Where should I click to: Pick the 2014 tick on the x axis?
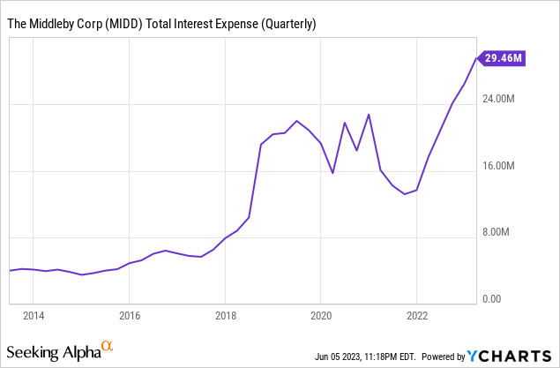tap(34, 315)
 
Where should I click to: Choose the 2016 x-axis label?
tap(130, 315)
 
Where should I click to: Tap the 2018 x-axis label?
tap(226, 315)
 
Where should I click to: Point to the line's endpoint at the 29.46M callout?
tap(477, 58)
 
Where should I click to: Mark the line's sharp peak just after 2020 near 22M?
tap(369, 114)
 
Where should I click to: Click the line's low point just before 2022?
tap(405, 193)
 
